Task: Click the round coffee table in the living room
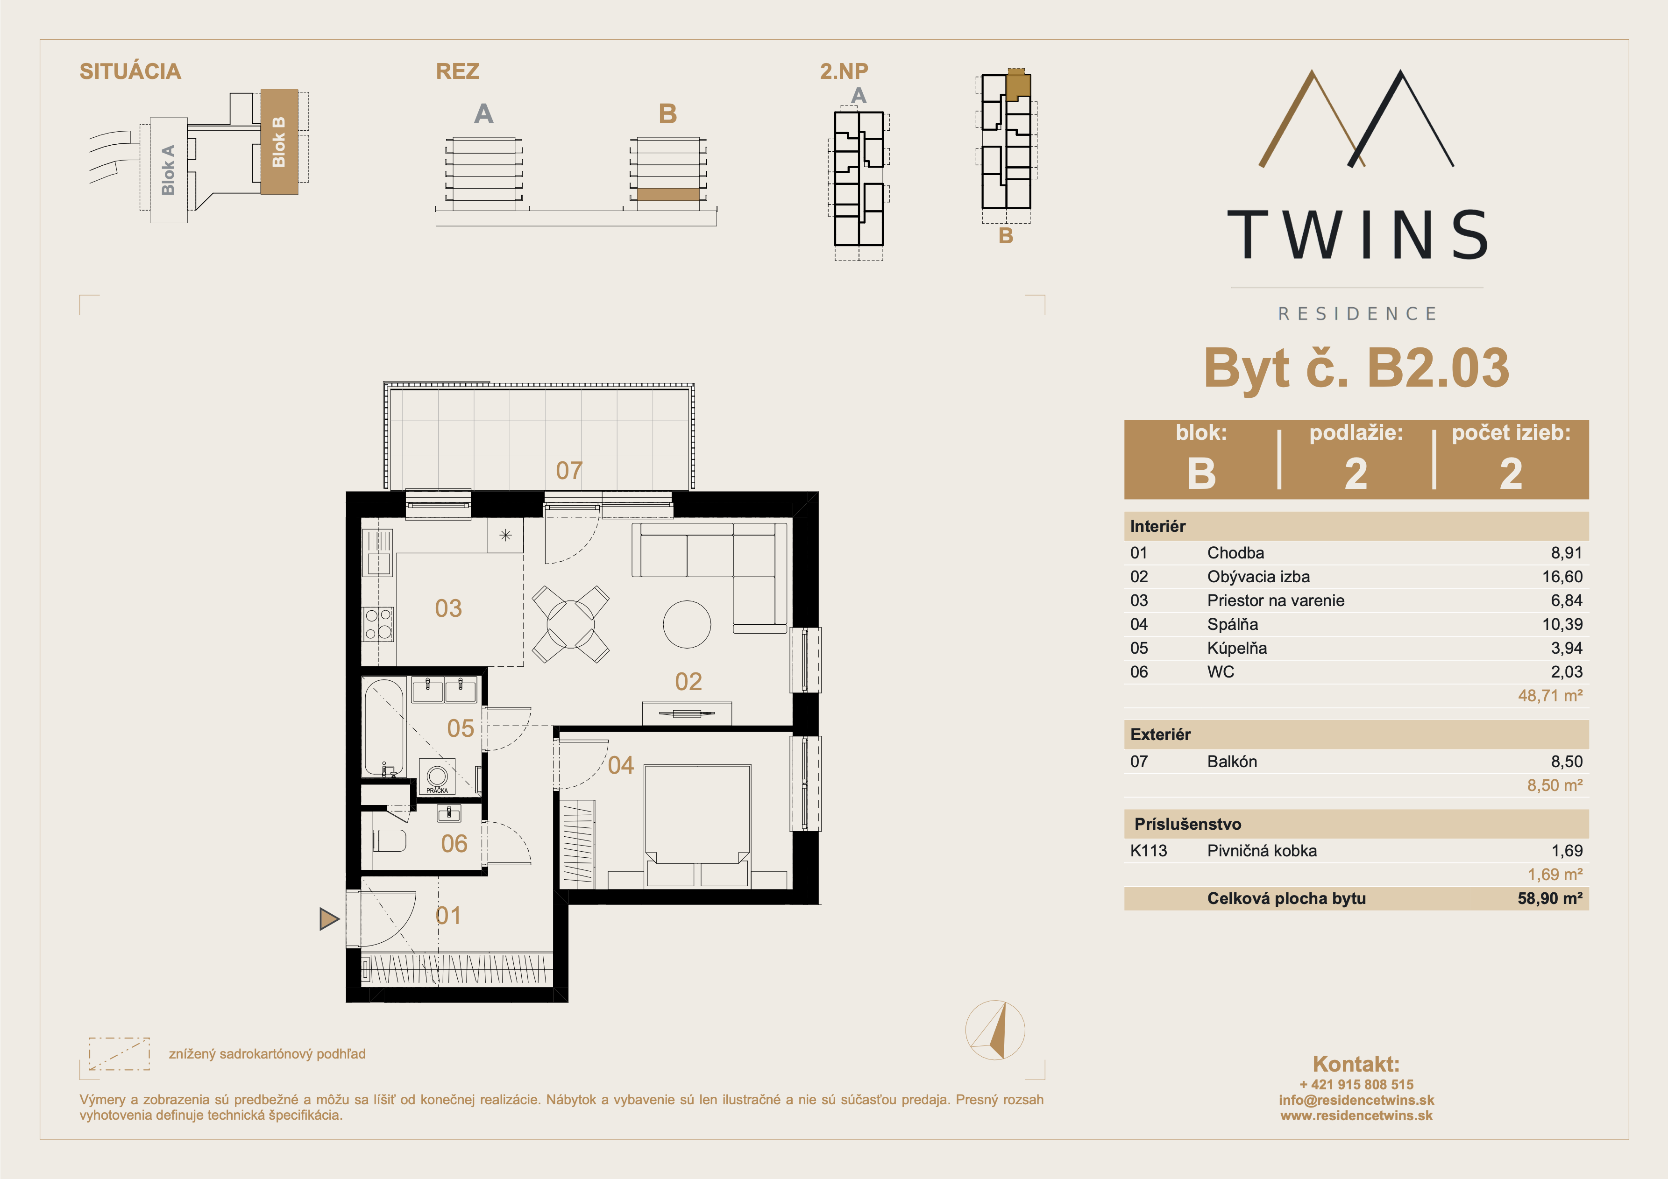687,624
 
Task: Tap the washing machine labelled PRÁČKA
437,777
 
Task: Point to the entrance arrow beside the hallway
329,919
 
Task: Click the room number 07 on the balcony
569,471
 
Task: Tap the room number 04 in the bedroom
620,765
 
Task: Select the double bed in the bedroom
697,825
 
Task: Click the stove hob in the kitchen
378,624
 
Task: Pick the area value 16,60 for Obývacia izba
1562,577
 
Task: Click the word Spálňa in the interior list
1232,624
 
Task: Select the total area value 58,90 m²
1549,898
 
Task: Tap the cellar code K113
1149,851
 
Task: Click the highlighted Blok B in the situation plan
279,141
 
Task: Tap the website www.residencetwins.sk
1356,1116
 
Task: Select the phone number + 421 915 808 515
1356,1085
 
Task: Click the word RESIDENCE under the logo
1357,314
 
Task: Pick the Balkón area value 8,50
1566,761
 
